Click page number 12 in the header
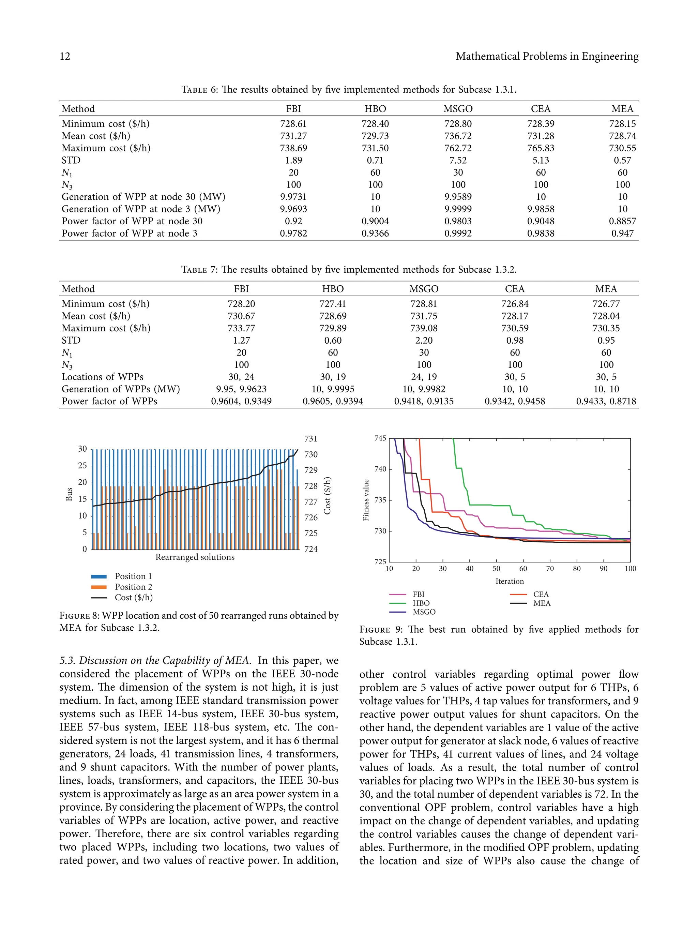65,56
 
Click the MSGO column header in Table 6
458,109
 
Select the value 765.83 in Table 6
541,148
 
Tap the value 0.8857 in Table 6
622,221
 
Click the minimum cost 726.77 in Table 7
606,304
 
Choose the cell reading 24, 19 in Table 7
424,377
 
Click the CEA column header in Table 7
515,289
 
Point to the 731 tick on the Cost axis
310,439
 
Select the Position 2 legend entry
133,587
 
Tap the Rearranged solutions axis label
195,557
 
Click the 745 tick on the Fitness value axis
380,438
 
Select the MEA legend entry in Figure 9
542,603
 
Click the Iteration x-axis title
509,581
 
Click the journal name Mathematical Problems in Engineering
547,56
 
